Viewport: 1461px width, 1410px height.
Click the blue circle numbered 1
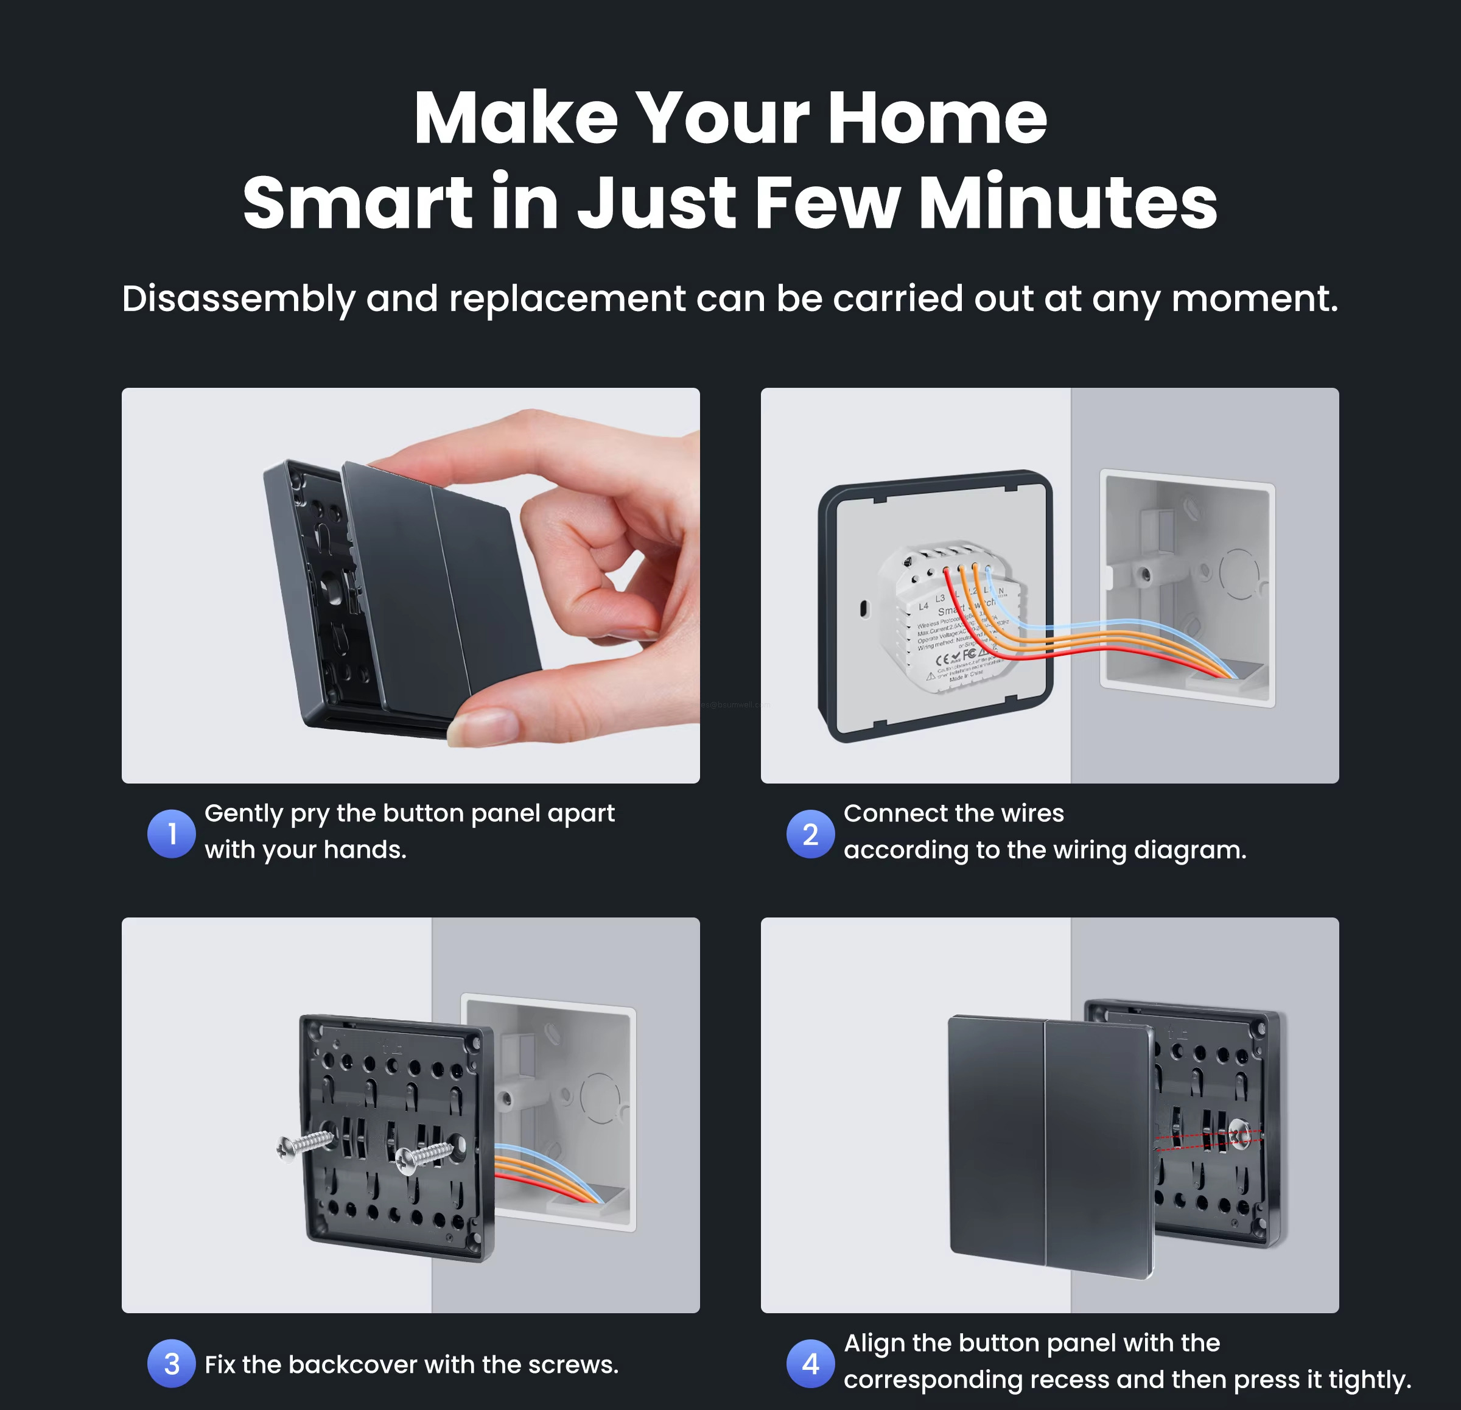click(172, 833)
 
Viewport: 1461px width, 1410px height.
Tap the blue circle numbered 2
click(810, 833)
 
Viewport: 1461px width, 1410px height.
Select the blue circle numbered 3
click(172, 1363)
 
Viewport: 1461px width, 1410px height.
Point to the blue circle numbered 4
click(810, 1363)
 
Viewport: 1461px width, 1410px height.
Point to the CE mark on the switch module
click(942, 659)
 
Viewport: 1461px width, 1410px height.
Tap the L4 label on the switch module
click(923, 606)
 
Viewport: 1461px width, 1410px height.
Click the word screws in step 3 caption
click(574, 1364)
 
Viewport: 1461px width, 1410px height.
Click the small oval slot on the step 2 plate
click(864, 608)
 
